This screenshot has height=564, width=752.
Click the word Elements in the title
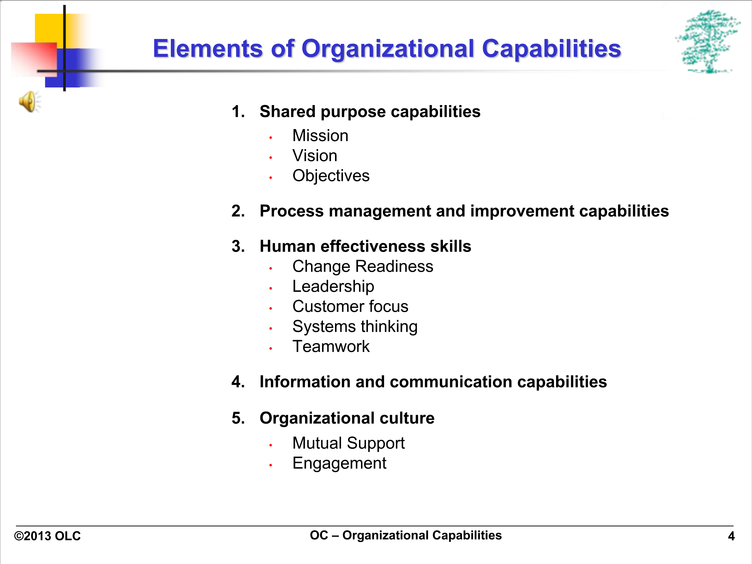(208, 48)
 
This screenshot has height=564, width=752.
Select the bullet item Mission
(320, 136)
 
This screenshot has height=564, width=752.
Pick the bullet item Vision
(315, 156)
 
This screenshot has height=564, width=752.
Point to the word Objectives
(331, 176)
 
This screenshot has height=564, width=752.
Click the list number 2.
(238, 211)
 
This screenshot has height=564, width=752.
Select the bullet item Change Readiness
(363, 266)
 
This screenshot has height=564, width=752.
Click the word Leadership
(333, 287)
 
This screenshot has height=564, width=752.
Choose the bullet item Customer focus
(350, 306)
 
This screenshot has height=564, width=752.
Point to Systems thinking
(355, 327)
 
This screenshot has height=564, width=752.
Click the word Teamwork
(331, 346)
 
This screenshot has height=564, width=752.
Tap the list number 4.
(238, 382)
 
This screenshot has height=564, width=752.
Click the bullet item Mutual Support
(349, 443)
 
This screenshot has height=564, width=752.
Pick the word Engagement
(339, 463)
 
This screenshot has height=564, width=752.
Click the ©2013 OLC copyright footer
(47, 536)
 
